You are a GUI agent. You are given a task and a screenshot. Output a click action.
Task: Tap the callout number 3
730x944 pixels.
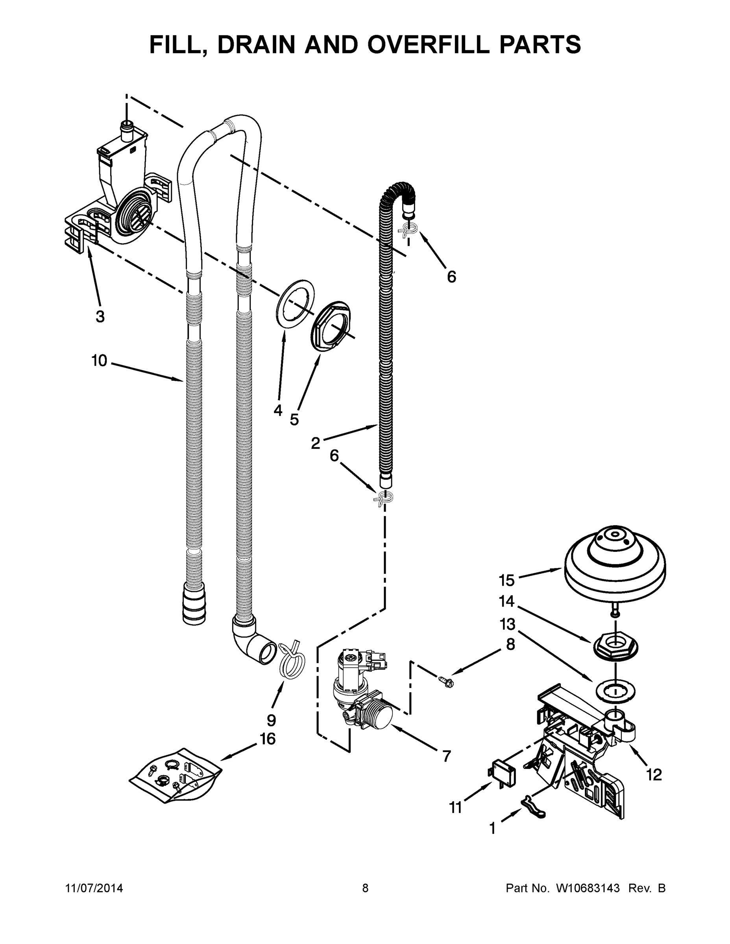click(x=100, y=316)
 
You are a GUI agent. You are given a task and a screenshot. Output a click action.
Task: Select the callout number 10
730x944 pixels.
click(x=99, y=360)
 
